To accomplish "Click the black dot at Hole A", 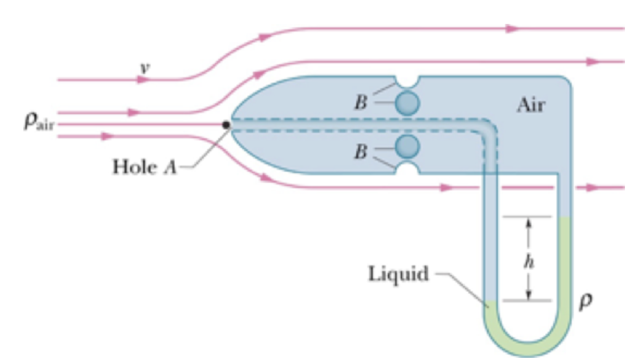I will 226,125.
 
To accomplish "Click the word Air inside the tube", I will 530,105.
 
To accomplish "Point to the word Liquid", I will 398,274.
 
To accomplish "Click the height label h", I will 526,261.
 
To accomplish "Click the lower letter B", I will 359,152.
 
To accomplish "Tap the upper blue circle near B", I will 406,102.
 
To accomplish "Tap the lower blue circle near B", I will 406,146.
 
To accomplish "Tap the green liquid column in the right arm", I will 564,261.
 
